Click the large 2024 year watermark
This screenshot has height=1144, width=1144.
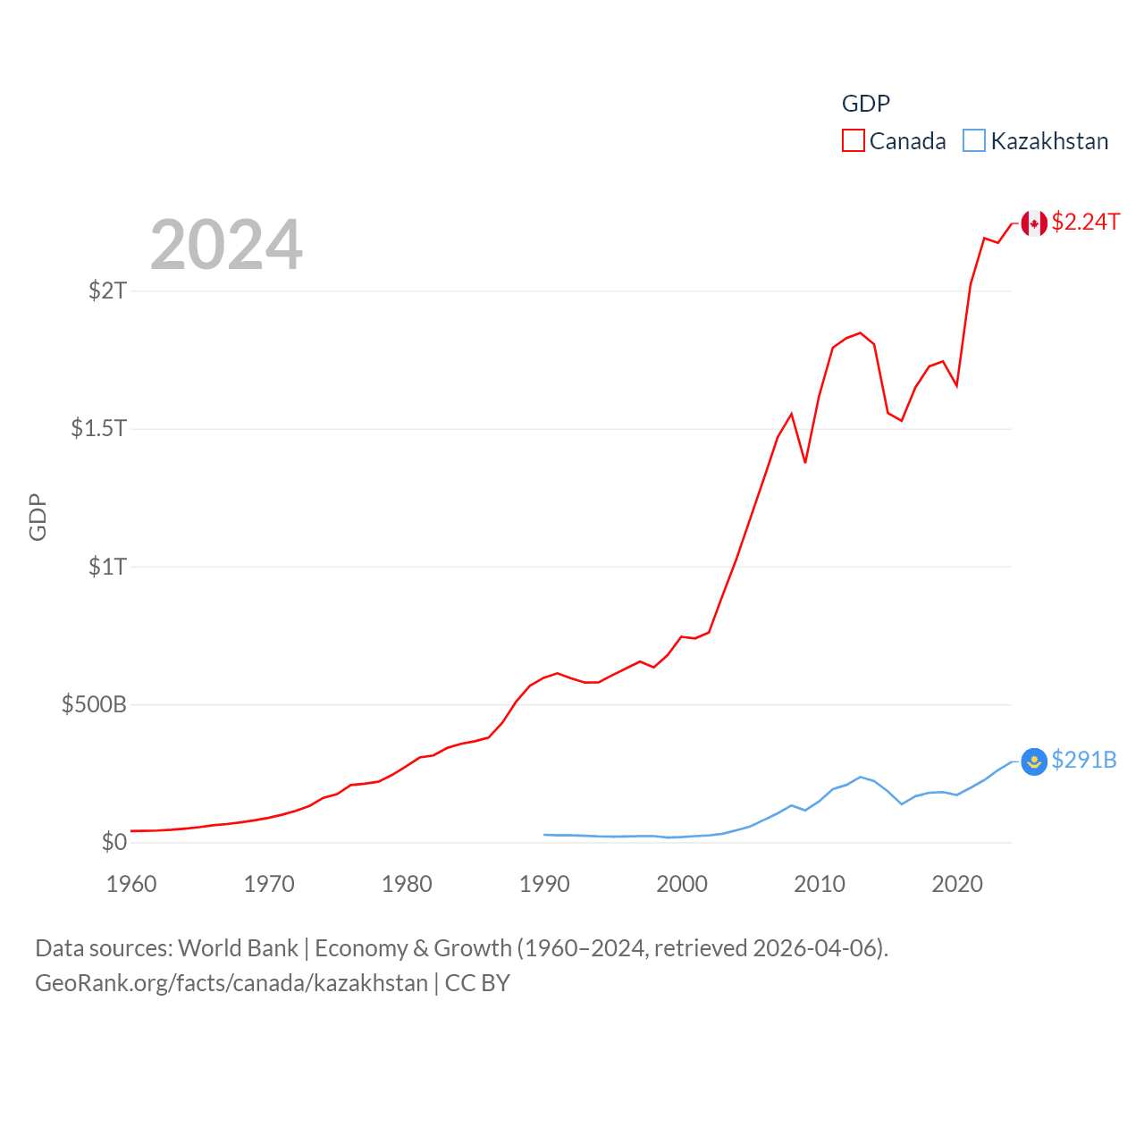click(226, 245)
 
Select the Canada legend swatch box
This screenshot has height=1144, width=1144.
click(854, 141)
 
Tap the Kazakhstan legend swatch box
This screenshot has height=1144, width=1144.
click(974, 141)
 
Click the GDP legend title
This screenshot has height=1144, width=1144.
click(865, 104)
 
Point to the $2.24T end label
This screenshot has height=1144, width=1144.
click(1085, 222)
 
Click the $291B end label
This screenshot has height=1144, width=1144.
click(1083, 760)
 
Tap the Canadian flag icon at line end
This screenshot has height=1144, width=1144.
click(1034, 223)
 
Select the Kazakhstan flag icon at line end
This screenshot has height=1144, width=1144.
click(1034, 761)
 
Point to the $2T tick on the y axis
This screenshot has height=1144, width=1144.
click(108, 290)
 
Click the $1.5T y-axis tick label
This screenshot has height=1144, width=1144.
click(99, 428)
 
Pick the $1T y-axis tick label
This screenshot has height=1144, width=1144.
click(108, 567)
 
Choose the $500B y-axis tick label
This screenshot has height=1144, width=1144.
click(94, 704)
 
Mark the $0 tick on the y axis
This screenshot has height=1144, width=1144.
click(114, 842)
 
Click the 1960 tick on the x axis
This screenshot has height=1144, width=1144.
click(131, 884)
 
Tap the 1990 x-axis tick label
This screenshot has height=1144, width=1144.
click(544, 884)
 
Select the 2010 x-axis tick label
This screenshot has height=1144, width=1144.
click(820, 884)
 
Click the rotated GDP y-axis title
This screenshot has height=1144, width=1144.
click(38, 517)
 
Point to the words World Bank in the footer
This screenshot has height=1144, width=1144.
click(238, 948)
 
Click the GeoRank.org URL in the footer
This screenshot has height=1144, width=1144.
click(231, 983)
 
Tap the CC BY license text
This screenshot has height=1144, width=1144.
click(477, 983)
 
